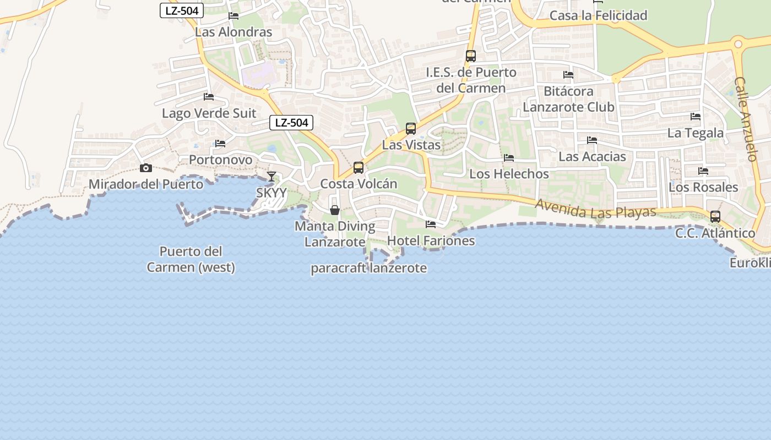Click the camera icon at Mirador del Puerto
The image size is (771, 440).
point(146,168)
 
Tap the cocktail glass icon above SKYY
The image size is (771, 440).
point(272,177)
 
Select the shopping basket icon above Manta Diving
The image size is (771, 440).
point(335,210)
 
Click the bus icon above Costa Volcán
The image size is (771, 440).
point(359,168)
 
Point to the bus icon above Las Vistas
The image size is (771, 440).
point(411,129)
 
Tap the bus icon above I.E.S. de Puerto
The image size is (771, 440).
point(471,56)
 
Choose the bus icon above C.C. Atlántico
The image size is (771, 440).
point(715,217)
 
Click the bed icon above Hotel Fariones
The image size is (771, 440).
point(431,224)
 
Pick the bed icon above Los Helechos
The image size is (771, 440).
point(509,158)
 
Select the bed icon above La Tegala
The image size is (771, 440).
point(696,117)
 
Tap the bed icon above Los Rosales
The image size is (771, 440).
point(703,171)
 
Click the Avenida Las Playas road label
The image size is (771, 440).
point(596,208)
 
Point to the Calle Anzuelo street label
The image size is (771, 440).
point(746,119)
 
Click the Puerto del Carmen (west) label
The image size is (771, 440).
point(191,260)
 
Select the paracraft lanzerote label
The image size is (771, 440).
point(369,268)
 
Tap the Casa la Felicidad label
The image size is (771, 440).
point(599,15)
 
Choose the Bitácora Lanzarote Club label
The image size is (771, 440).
point(568,99)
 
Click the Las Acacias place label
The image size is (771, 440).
point(592,157)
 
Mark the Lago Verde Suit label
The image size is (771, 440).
point(209,113)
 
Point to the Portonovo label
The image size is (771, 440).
point(220,160)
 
